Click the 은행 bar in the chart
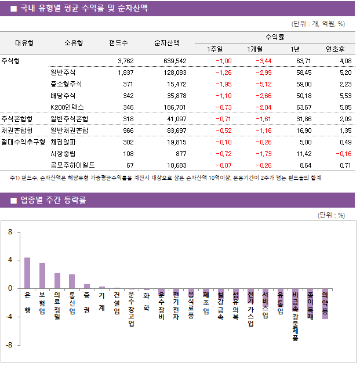click(27, 273)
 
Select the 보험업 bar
click(42, 276)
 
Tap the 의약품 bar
click(325, 303)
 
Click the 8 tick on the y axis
click(10, 232)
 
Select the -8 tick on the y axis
click(9, 345)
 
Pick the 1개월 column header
click(255, 49)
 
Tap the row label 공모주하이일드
click(72, 165)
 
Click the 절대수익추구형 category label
click(23, 142)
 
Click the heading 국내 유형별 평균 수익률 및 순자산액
click(83, 9)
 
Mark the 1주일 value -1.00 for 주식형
click(223, 61)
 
